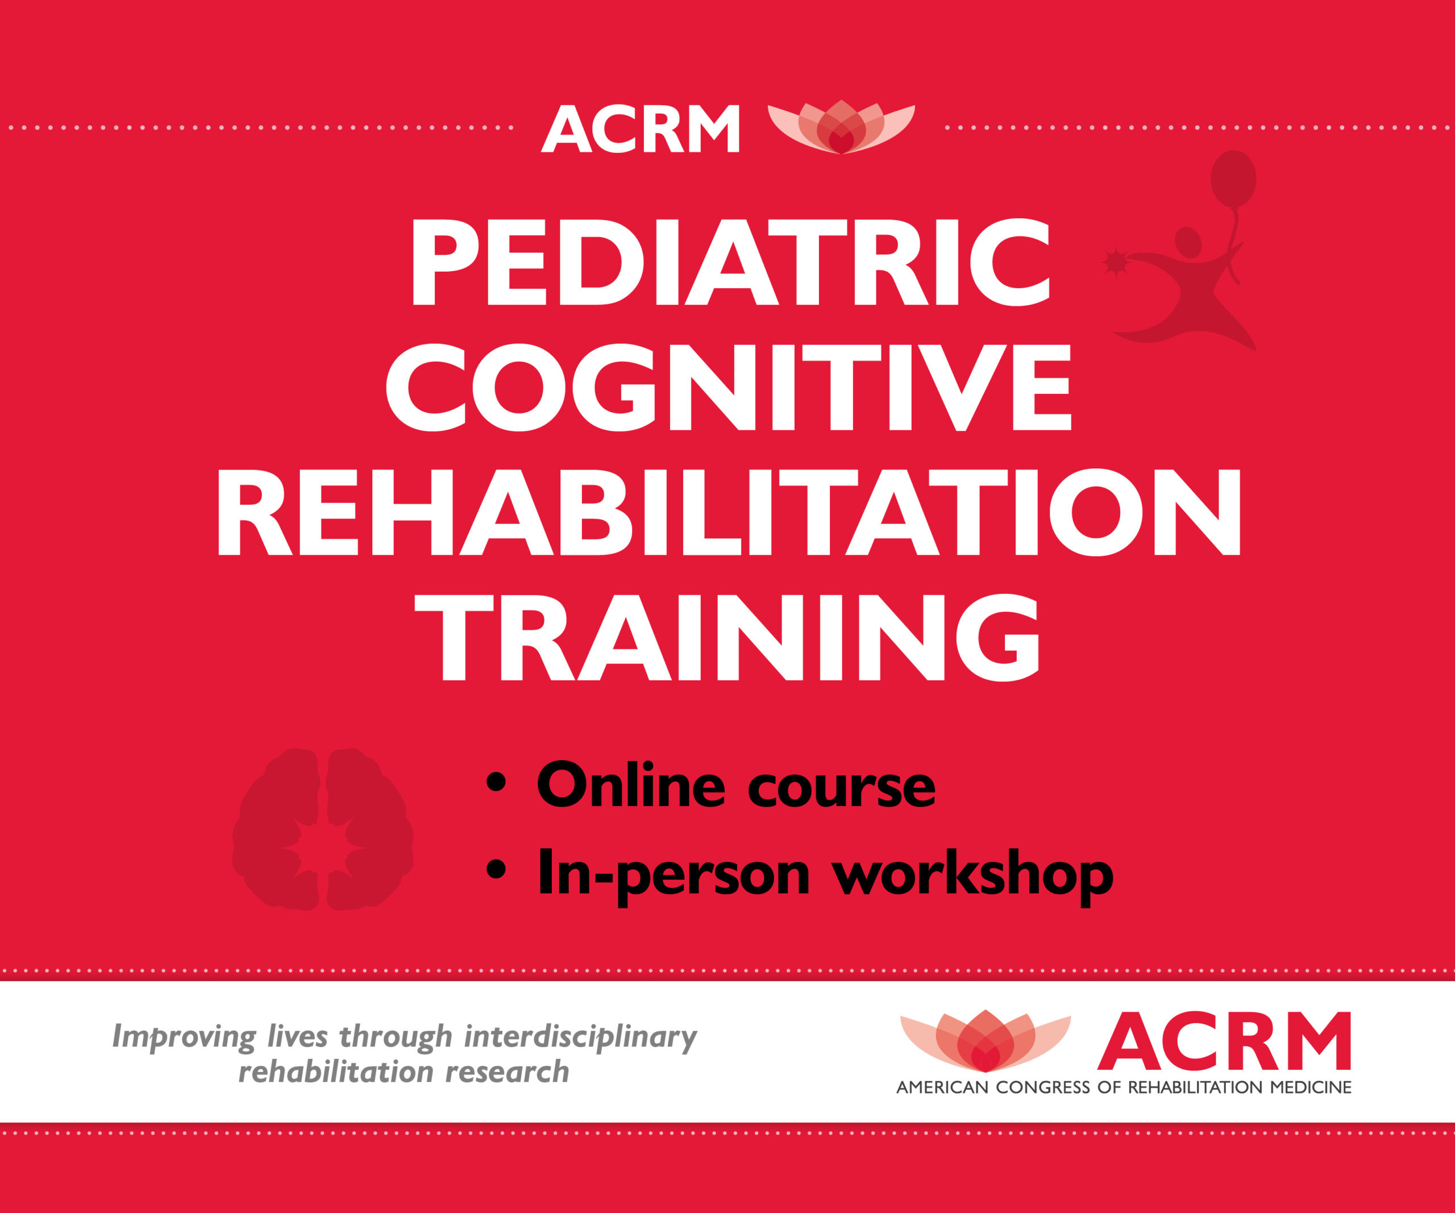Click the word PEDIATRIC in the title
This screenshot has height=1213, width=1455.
click(731, 263)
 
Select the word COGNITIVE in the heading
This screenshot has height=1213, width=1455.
click(728, 388)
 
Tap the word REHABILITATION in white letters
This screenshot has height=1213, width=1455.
click(729, 513)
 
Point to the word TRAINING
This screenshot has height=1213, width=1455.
click(727, 637)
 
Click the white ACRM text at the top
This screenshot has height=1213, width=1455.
click(641, 129)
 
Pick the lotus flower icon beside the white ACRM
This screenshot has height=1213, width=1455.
click(841, 127)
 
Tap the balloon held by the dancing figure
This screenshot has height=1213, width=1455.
click(1233, 178)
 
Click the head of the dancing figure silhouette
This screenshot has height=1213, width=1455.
click(1188, 242)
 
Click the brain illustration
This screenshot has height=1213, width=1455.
click(323, 829)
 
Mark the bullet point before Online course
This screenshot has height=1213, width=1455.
click(496, 782)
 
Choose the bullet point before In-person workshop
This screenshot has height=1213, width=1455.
click(496, 869)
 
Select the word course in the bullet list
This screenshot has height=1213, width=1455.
click(842, 790)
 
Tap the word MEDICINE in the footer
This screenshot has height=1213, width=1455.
click(1310, 1087)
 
